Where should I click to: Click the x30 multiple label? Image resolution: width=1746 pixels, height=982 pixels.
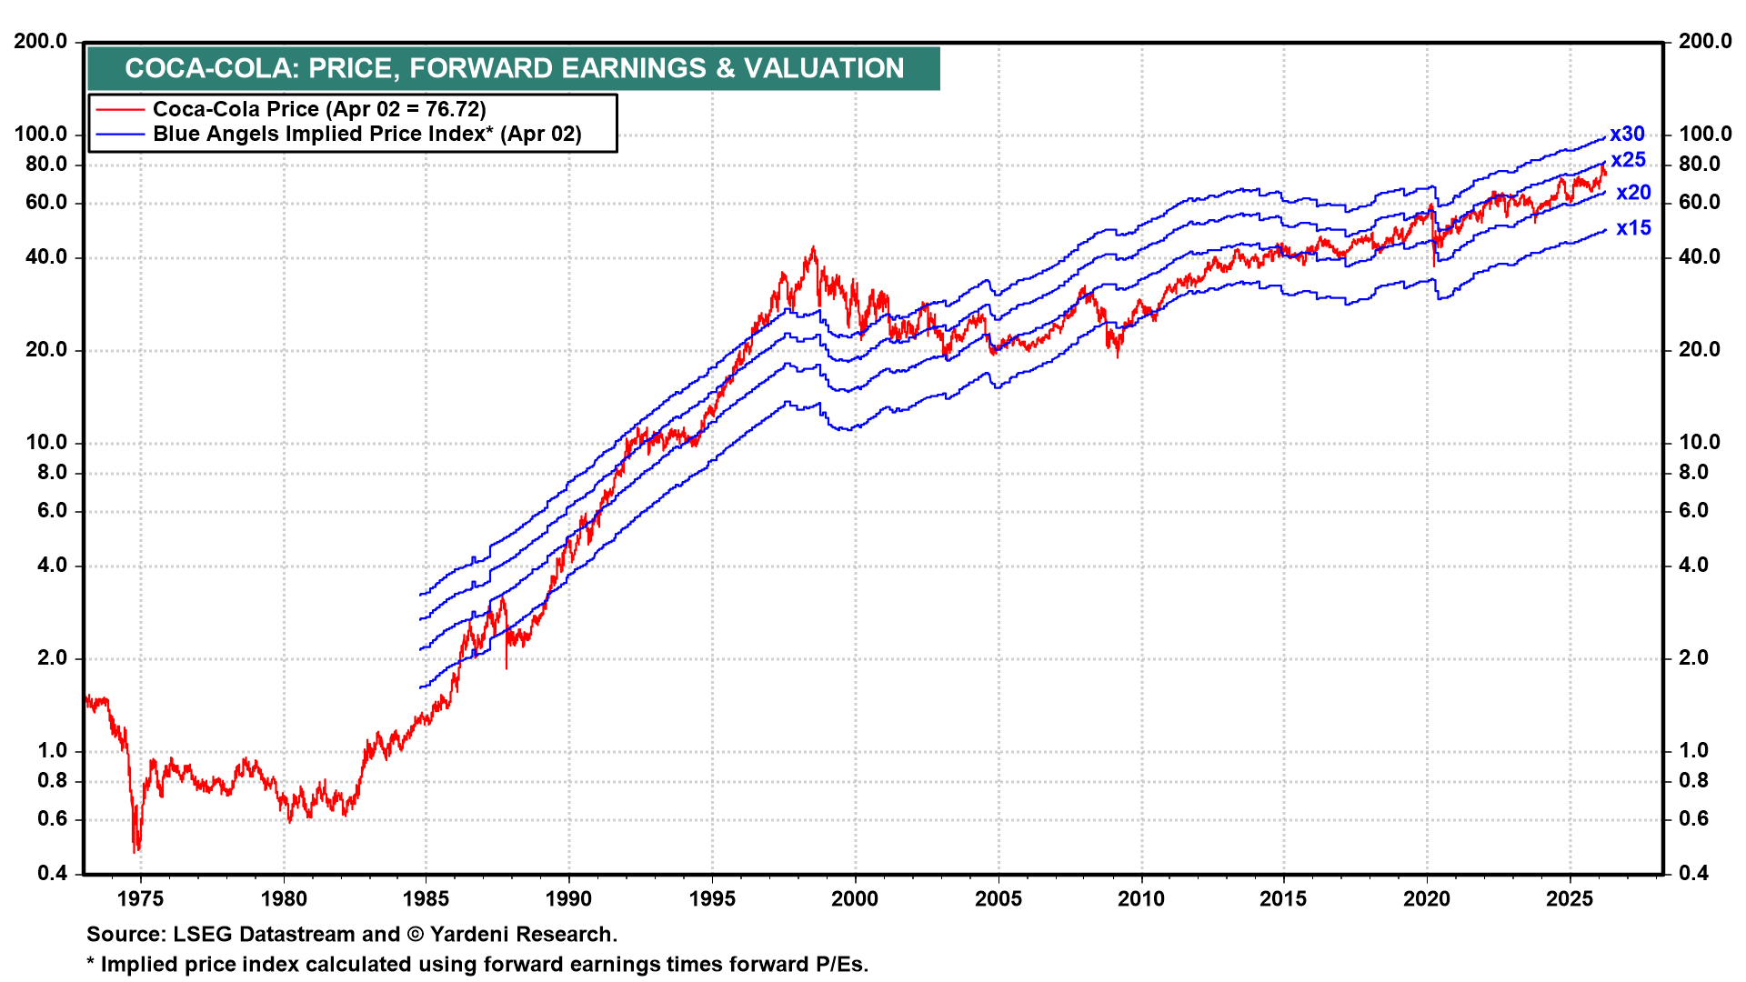1627,135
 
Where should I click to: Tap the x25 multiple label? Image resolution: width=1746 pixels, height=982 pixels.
1628,160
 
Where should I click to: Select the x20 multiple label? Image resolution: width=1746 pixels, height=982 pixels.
1633,193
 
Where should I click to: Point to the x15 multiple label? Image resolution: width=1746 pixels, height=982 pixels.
1633,228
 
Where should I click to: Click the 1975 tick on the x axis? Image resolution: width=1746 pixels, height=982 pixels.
141,899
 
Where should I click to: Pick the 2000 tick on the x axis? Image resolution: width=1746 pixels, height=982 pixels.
855,899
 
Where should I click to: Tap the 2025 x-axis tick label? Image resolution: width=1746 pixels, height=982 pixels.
1570,899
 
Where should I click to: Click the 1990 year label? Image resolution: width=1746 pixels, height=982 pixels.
568,899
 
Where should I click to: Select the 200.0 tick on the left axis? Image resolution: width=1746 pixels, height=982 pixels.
41,41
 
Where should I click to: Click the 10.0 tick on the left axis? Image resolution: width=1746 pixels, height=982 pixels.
41,443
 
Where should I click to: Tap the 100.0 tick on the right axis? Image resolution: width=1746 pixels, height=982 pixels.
1705,135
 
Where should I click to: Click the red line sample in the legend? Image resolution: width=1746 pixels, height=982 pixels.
120,110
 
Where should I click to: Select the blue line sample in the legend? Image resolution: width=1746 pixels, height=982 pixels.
120,135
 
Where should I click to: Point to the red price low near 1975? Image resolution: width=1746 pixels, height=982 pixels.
135,851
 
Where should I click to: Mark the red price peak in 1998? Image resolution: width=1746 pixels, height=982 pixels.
813,247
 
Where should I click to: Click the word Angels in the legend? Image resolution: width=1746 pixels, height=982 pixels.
245,135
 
